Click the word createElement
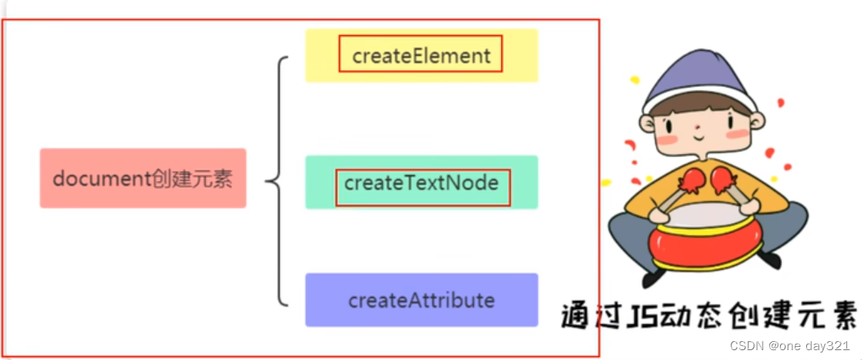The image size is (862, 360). [x=421, y=56]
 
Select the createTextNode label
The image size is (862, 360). [x=422, y=183]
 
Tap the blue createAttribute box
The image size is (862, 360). [x=422, y=300]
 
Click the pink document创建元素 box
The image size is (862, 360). [x=143, y=178]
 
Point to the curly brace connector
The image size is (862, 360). [x=279, y=180]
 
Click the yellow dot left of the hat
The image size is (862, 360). [x=634, y=80]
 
